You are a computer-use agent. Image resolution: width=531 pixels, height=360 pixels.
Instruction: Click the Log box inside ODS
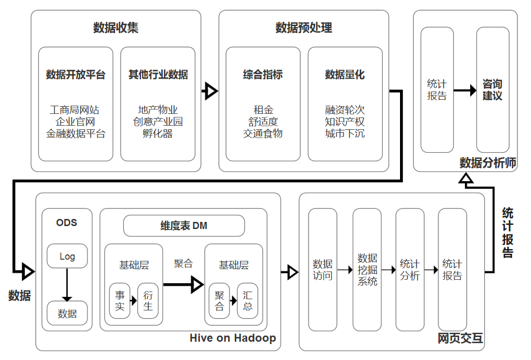pos(67,257)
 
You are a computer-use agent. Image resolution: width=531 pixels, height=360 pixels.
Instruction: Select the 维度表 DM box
pos(183,225)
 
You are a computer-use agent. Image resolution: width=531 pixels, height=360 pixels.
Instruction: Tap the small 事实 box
pos(120,300)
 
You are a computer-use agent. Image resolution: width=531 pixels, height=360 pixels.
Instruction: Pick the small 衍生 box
pos(148,300)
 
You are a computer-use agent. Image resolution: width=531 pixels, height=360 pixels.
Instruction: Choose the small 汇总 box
pos(248,300)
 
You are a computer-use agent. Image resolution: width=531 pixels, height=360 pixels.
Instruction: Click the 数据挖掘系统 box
pos(367,270)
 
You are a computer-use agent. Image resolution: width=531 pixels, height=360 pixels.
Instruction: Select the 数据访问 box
pos(323,270)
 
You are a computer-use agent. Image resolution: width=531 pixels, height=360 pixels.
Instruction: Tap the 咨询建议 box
pos(493,90)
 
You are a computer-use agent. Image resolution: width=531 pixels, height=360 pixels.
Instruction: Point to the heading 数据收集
pos(116,28)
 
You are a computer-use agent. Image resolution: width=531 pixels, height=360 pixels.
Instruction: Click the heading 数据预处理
pos(304,28)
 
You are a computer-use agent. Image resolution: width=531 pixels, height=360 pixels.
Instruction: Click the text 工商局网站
pos(76,110)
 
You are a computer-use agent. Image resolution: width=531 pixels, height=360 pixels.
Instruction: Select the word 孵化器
pos(158,133)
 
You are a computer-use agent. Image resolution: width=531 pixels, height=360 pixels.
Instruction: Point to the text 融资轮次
pos(345,110)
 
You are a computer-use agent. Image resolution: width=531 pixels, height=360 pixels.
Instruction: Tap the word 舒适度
pos(263,122)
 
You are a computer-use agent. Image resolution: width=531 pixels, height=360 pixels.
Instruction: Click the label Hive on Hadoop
pos(232,338)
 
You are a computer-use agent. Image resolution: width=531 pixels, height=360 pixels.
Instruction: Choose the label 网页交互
pos(460,338)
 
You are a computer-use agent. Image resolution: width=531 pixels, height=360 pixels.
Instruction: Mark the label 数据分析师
pos(488,163)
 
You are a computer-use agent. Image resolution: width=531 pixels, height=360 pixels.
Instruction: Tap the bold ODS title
pos(67,222)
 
